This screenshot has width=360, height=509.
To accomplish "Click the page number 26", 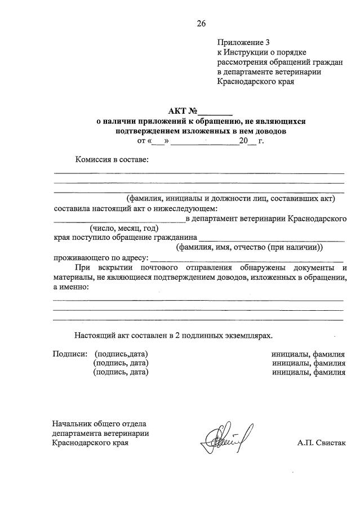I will coord(201,23).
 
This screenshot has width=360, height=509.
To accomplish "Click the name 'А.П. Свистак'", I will coord(321,443).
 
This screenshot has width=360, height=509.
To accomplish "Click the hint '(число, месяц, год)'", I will coord(123,228).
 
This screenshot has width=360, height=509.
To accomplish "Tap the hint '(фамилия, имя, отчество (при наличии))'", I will coord(249,247).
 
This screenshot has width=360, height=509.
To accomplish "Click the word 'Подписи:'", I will coord(70,354).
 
